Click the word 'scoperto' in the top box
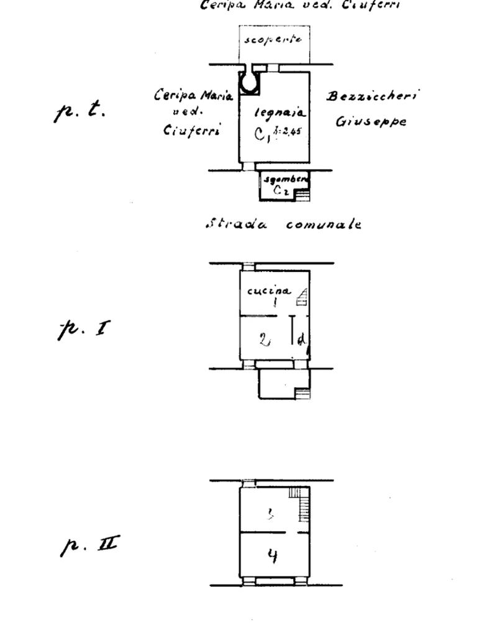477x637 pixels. [x=274, y=40]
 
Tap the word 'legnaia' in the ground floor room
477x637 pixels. [x=279, y=114]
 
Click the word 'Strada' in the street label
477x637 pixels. [x=235, y=224]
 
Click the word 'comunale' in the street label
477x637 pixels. [x=323, y=225]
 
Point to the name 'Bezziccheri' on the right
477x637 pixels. [x=372, y=96]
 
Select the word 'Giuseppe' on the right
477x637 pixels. [x=371, y=121]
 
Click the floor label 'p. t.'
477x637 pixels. [x=81, y=111]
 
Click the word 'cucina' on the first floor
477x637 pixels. [x=268, y=291]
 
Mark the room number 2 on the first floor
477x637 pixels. [x=265, y=340]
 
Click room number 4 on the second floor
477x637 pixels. [x=271, y=555]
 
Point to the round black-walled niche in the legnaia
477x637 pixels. [x=250, y=82]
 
